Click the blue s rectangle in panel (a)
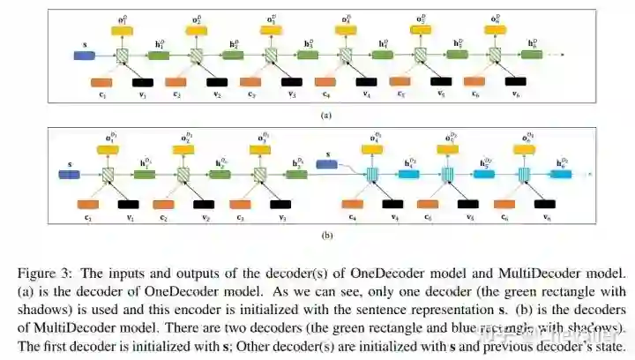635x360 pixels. (x=84, y=56)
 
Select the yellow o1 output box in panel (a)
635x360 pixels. (x=121, y=31)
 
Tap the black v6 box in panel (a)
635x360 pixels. (x=513, y=82)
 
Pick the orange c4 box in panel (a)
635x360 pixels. (x=325, y=82)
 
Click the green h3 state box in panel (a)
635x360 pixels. (x=309, y=56)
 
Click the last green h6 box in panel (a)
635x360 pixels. (x=532, y=56)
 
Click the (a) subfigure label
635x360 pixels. (x=325, y=115)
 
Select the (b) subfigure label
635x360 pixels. (x=325, y=235)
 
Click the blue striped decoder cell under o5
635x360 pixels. (x=447, y=174)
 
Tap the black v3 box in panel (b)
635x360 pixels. (x=282, y=205)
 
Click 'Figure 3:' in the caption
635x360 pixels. (x=70, y=272)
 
